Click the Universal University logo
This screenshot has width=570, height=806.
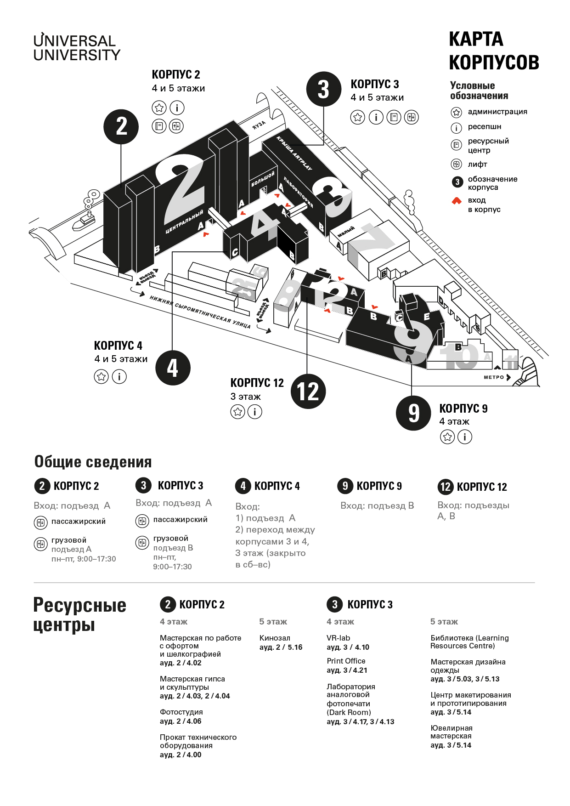[x=77, y=47]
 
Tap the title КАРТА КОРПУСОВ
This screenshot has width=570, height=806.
[x=494, y=51]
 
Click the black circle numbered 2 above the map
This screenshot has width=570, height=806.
[x=121, y=126]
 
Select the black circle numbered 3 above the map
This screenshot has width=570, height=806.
[x=324, y=89]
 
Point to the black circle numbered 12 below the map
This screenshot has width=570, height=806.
[x=308, y=392]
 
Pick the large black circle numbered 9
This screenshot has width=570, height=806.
[x=413, y=413]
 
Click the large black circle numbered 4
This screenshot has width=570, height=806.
[x=173, y=368]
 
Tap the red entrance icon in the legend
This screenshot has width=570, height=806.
[x=457, y=201]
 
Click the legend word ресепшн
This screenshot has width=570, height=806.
[x=484, y=127]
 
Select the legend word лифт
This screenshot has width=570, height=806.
[x=477, y=164]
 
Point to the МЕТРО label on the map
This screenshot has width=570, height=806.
[x=494, y=377]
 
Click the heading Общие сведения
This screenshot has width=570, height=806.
[x=93, y=462]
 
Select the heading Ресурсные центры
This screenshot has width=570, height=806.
[x=79, y=615]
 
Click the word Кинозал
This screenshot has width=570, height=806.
[x=275, y=638]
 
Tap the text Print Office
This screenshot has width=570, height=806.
[x=346, y=661]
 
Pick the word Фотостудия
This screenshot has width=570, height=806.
[x=181, y=712]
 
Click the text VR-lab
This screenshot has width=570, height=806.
[x=338, y=638]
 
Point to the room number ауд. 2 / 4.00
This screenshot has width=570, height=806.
[x=181, y=755]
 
